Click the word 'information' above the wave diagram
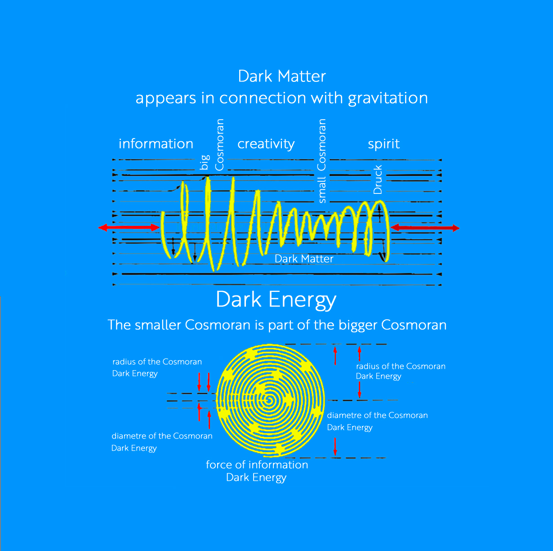[x=156, y=143]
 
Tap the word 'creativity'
[x=266, y=144]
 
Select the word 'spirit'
[x=384, y=144]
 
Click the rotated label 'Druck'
[x=378, y=179]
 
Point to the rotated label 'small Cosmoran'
[x=322, y=161]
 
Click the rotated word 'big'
[x=205, y=162]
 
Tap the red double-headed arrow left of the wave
[x=129, y=228]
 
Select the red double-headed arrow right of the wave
[x=425, y=228]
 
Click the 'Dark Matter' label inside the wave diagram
[x=304, y=259]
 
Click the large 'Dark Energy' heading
[x=276, y=300]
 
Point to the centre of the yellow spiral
[x=269, y=400]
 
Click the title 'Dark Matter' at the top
[x=282, y=76]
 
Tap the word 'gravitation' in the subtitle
[x=388, y=99]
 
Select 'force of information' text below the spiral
[x=257, y=465]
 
